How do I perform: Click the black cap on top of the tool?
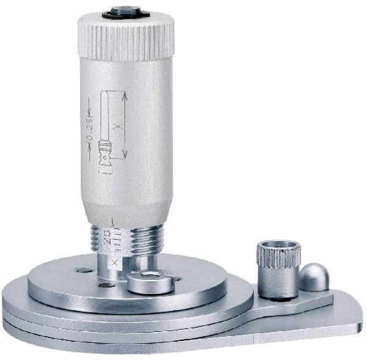[x=125, y=12]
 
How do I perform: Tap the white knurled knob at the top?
[x=125, y=39]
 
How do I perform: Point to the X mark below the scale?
[x=112, y=263]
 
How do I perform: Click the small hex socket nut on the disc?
[x=150, y=281]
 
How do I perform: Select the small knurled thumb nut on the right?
[x=278, y=269]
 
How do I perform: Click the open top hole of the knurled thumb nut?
[x=278, y=246]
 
